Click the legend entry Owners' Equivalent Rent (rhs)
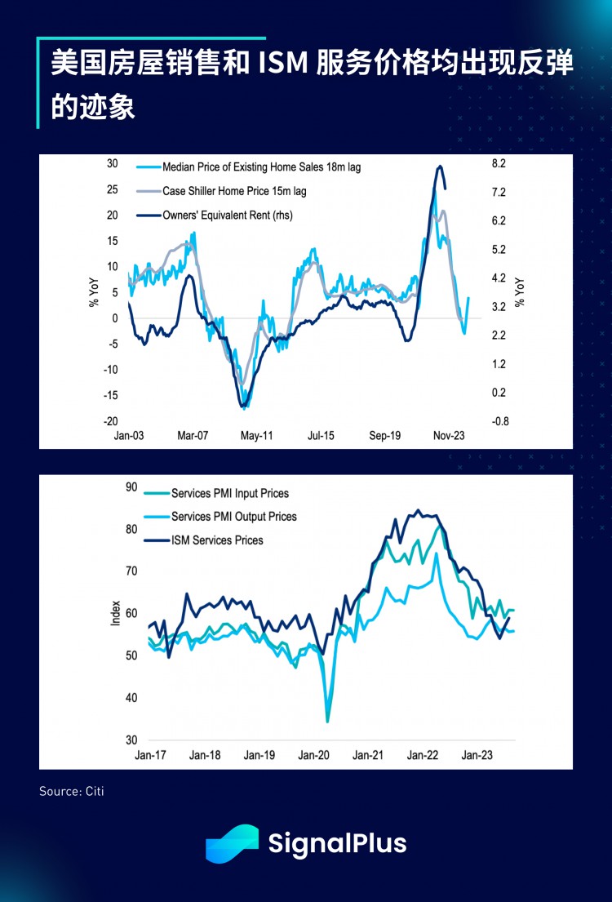pos(228,216)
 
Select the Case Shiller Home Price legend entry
pos(234,191)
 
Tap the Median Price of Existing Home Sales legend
pos(261,167)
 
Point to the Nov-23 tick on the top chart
pos(448,436)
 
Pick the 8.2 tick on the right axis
pos(499,164)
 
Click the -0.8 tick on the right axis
pos(499,421)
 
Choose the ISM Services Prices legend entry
pos(216,540)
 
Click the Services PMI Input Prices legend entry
pos(229,493)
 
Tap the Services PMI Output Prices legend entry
pos(233,517)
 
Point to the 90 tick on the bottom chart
pos(131,487)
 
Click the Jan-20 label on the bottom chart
pos(313,756)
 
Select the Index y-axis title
pos(115,614)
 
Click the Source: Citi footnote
pos(72,791)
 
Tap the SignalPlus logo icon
pos(232,843)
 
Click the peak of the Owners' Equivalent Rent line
pos(440,167)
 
